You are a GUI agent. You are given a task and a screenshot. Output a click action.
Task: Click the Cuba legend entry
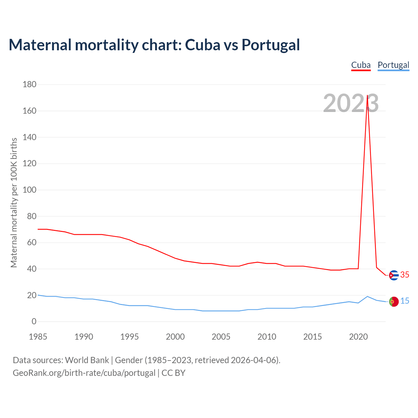tap(361, 65)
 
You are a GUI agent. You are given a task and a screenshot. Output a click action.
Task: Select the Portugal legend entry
tap(393, 65)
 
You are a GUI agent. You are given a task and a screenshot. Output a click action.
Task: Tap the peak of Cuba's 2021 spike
tap(367, 96)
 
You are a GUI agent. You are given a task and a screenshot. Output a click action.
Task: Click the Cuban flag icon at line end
tap(394, 275)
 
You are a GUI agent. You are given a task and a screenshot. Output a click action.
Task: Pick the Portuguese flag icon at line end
tap(394, 302)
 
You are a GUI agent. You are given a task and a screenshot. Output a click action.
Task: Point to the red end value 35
tap(405, 275)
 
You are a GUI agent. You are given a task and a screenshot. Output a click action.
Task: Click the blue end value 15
tap(405, 301)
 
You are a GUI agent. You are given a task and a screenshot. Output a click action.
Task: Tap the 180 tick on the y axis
tap(29, 85)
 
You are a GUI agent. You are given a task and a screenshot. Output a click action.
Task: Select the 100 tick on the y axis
tap(29, 190)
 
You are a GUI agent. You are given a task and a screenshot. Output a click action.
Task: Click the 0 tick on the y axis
tap(34, 322)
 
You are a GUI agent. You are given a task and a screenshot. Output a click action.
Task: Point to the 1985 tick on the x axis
tap(38, 337)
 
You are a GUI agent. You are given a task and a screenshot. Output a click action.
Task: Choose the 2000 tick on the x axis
tap(175, 337)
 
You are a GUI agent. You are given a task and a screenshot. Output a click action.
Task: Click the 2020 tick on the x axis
tap(358, 337)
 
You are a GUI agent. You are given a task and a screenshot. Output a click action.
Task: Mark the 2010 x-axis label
tap(267, 337)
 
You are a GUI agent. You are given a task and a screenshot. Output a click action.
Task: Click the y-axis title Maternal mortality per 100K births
tap(14, 202)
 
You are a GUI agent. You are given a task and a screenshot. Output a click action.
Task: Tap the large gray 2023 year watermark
tap(351, 103)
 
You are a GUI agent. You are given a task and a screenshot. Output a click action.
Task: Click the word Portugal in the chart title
tap(270, 45)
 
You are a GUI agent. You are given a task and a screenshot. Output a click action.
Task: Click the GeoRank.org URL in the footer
tap(84, 373)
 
